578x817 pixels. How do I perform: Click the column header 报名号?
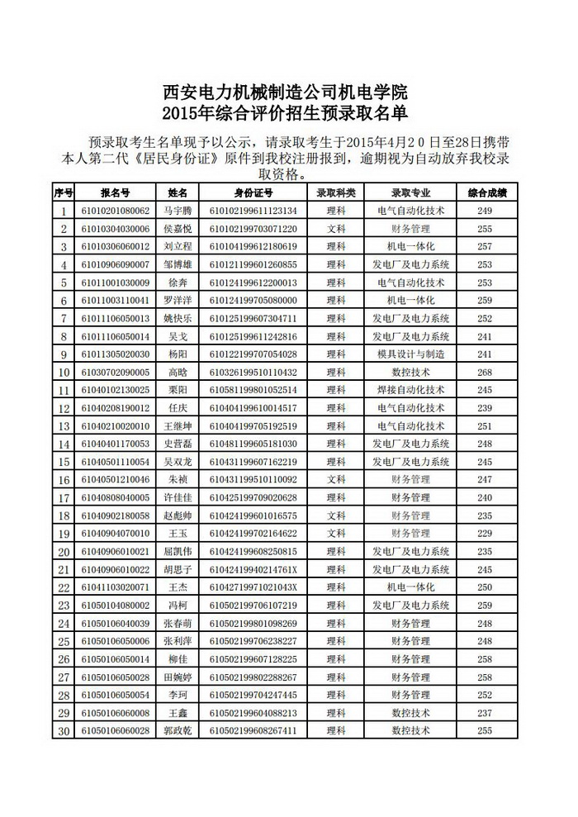click(x=115, y=192)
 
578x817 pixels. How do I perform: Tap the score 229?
click(x=486, y=533)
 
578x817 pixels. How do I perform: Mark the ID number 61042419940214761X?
click(x=253, y=569)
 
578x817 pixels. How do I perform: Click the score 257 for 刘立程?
click(x=486, y=246)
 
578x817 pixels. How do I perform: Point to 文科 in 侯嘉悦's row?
click(x=336, y=228)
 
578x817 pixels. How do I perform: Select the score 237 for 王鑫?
click(x=486, y=712)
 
